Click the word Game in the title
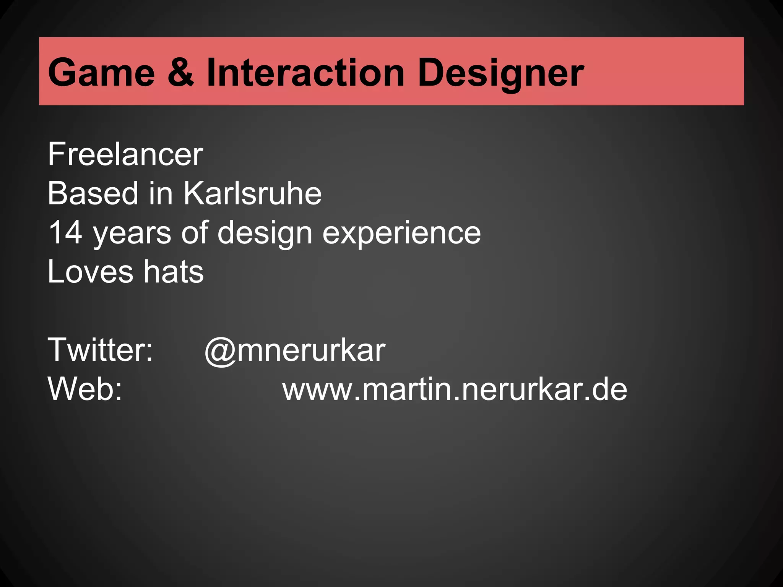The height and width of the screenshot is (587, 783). [x=101, y=72]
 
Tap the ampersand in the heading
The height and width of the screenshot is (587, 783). [x=180, y=72]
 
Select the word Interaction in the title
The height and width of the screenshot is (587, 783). [x=305, y=72]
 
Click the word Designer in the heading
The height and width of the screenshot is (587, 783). [x=500, y=72]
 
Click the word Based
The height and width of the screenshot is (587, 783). [x=93, y=193]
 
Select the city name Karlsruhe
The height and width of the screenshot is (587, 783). [x=252, y=193]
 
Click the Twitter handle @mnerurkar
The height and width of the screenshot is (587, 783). [x=295, y=350]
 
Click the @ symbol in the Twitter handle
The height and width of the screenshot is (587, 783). [x=219, y=351]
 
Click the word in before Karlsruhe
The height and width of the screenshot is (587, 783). [x=161, y=193]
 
